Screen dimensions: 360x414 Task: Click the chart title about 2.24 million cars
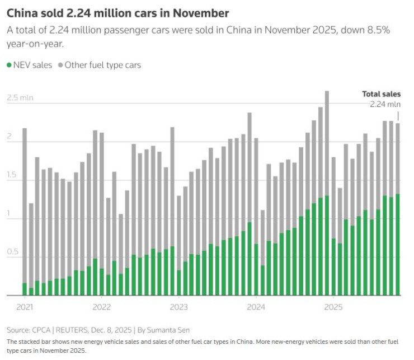point(117,12)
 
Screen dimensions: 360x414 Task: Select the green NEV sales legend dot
point(10,65)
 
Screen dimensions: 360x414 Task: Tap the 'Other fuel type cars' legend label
point(102,65)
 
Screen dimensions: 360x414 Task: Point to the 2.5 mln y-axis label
point(20,97)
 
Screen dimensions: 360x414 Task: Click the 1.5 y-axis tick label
point(12,175)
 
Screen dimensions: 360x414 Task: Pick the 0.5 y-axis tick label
point(12,252)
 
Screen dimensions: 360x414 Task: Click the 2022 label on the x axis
point(101,307)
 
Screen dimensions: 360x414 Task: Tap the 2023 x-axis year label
point(178,307)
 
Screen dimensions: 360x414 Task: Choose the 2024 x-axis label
point(256,307)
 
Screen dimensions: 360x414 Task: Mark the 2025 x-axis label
point(333,307)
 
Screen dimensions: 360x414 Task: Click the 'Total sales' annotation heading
point(382,94)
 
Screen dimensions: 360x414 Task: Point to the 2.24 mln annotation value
point(385,104)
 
